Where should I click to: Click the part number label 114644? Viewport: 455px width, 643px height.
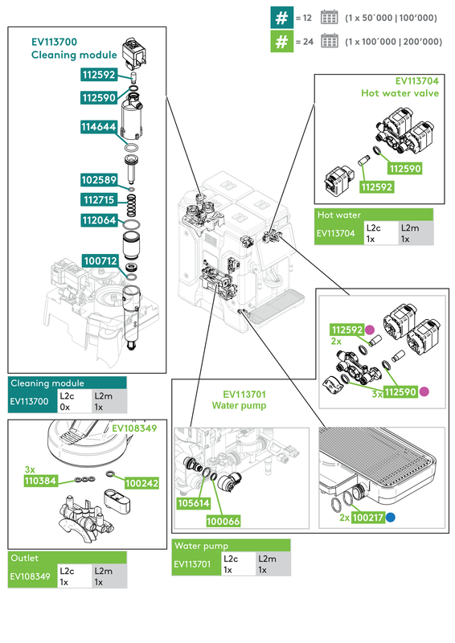click(x=98, y=127)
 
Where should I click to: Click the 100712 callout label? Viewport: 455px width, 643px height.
click(x=100, y=260)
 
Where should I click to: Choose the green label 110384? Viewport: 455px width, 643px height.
click(x=41, y=481)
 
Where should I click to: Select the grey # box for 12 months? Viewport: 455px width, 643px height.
click(x=281, y=17)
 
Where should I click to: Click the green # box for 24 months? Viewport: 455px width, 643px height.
click(x=281, y=42)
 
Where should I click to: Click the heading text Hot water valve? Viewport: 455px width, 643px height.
click(x=400, y=93)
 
